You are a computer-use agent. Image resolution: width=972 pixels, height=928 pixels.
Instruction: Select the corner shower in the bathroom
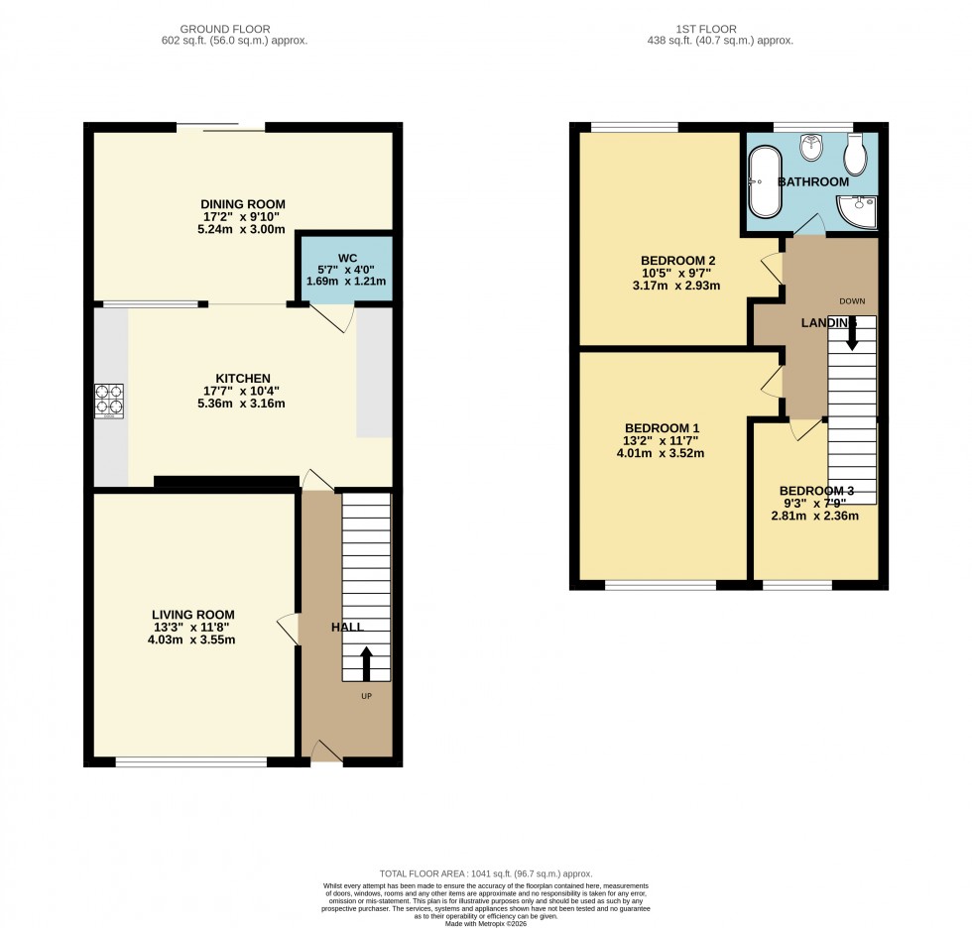point(857,211)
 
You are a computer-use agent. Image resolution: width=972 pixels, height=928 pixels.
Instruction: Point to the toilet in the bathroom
point(856,154)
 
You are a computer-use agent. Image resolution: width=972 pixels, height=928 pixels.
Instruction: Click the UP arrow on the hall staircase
point(365,663)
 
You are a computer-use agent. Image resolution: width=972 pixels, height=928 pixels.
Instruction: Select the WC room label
point(346,258)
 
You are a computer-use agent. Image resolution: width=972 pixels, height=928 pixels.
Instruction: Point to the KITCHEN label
point(243,378)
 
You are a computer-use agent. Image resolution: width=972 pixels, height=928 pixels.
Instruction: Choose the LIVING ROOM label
point(193,615)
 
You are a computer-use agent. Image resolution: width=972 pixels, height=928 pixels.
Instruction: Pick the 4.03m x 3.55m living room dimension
point(193,640)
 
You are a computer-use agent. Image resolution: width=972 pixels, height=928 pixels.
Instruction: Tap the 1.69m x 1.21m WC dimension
point(346,283)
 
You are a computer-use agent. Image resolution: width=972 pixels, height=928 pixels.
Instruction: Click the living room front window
point(191,761)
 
